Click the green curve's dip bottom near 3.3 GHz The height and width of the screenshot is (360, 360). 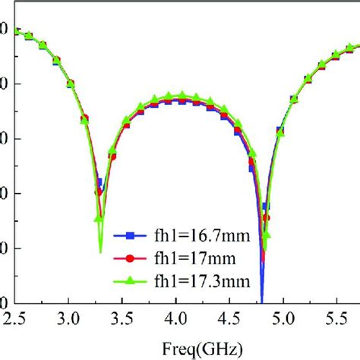click(x=100, y=251)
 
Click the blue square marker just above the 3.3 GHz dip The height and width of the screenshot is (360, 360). click(x=99, y=182)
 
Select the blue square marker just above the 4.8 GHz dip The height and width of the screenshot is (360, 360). click(x=265, y=206)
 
